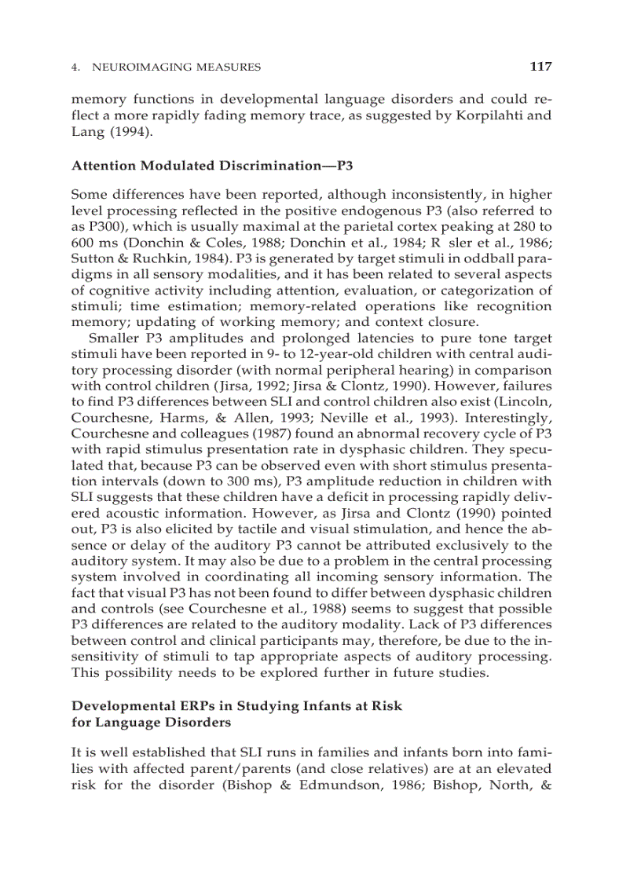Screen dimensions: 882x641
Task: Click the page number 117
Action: point(540,67)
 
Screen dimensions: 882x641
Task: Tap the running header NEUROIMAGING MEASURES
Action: point(176,68)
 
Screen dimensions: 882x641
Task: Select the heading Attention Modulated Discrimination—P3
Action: point(203,166)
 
